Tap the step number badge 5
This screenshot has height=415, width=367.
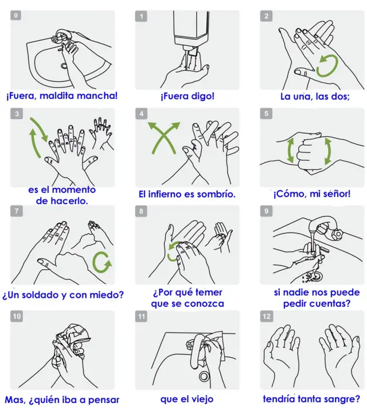266,114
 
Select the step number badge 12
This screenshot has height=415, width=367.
267,316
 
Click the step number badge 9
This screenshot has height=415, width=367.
266,211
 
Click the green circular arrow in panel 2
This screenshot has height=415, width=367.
327,65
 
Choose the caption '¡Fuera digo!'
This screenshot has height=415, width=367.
188,96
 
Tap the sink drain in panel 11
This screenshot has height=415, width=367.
204,377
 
